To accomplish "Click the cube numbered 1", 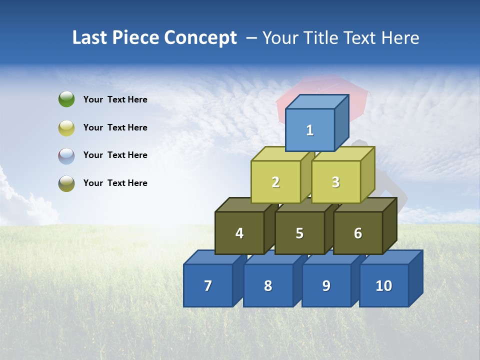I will click(310, 130).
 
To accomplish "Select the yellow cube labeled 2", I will click(276, 182).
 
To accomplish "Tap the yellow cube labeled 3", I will click(335, 182).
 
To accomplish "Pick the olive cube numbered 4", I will click(239, 233).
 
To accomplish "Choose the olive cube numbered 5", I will click(299, 233).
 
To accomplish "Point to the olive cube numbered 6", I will click(358, 233).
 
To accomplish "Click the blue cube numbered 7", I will click(208, 285).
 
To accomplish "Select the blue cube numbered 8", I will click(268, 285).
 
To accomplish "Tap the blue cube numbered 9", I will click(326, 285).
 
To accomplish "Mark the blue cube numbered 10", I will click(384, 285).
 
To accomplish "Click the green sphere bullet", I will click(66, 99).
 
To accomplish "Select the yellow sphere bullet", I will click(66, 127).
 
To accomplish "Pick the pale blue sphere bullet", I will click(66, 155).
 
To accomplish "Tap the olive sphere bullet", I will click(66, 183).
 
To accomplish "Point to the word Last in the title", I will click(90, 38).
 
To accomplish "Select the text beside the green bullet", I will click(115, 99).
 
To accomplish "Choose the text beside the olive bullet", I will click(115, 183).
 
